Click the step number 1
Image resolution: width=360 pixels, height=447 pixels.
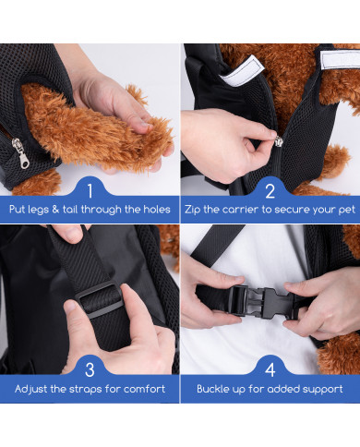[x=90, y=191]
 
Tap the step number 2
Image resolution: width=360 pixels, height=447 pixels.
[x=270, y=191]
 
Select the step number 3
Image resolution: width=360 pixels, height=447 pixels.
[x=90, y=369]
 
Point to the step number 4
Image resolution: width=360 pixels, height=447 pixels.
[x=270, y=369]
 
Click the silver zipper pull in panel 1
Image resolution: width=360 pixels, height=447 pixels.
[x=21, y=153]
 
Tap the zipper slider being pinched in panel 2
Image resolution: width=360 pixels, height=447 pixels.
[x=279, y=141]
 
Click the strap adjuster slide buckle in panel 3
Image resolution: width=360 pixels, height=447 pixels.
[x=99, y=300]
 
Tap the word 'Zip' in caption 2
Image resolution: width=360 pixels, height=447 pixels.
[x=192, y=210]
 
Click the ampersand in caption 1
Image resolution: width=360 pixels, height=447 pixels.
[x=55, y=210]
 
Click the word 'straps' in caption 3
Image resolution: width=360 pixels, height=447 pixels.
[x=85, y=390]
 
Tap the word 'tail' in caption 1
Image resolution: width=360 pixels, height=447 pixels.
[x=70, y=210]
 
